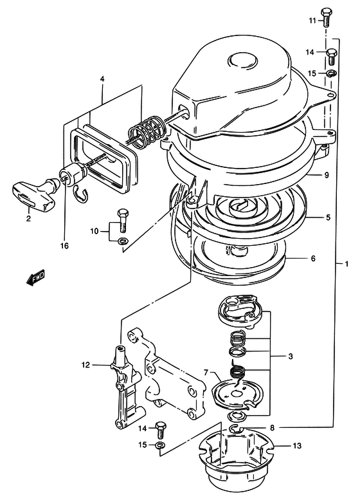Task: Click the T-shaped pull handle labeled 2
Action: coord(35,192)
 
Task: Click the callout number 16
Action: coord(64,246)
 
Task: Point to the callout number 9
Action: coord(326,175)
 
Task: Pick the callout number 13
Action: coord(296,445)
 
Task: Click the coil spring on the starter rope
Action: coord(147,131)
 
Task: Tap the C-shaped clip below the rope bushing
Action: coord(82,192)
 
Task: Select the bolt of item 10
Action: coord(122,220)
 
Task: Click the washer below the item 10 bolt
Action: coord(122,241)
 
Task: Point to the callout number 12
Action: coord(85,364)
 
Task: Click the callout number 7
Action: coord(206,372)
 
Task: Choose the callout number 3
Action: coord(290,356)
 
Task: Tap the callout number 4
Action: coord(102,79)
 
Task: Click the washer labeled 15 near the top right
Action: coord(330,73)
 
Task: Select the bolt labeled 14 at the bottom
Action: coord(160,429)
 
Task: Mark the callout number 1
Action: coord(346,264)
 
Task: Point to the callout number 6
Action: coord(313,258)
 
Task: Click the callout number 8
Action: coord(272,428)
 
